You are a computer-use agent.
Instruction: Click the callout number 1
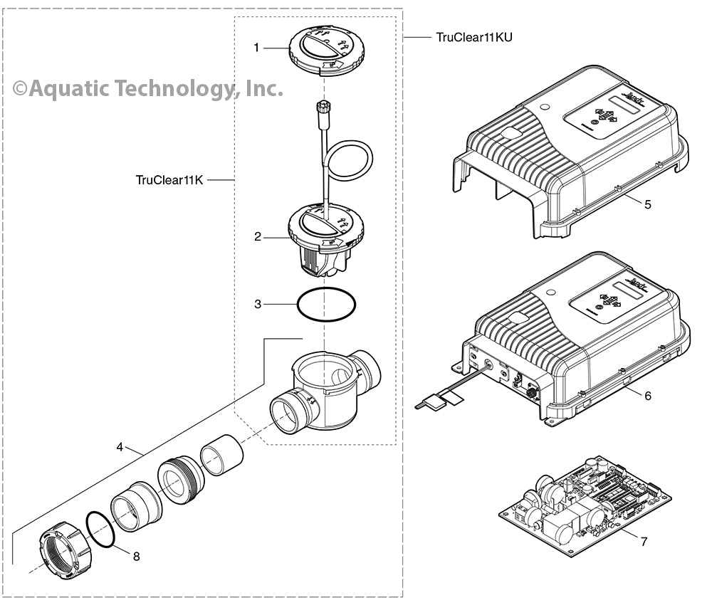pos(256,48)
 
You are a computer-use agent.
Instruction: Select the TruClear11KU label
pos(475,37)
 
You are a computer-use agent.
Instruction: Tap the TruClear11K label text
pos(169,180)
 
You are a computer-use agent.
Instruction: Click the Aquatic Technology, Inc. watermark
pos(148,88)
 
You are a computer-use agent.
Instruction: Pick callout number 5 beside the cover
pos(647,204)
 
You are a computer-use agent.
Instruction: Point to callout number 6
pos(647,395)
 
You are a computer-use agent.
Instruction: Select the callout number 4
pos(120,447)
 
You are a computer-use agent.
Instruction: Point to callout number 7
pos(644,542)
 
